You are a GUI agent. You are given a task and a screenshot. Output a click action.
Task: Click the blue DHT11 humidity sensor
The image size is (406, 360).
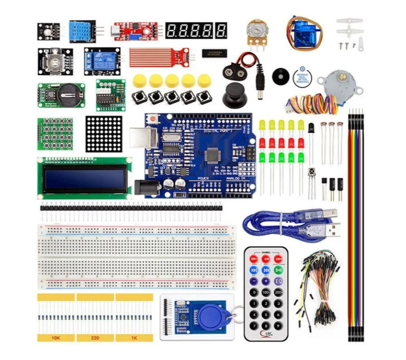(82, 31)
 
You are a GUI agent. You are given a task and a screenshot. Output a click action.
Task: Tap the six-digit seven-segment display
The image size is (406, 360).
(196, 31)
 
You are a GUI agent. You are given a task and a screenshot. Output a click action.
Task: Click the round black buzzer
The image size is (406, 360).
(280, 76)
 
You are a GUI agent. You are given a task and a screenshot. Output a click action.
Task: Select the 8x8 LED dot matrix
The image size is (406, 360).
(104, 134)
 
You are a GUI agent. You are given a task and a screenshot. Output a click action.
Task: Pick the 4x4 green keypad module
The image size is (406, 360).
(55, 134)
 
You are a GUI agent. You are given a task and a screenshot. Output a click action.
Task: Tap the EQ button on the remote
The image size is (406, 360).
(278, 281)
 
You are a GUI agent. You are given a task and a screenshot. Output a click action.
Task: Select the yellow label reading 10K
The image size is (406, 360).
(55, 338)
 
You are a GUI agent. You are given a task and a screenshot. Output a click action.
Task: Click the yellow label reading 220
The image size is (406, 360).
(95, 338)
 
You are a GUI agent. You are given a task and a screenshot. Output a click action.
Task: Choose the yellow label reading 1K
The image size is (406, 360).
(134, 338)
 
